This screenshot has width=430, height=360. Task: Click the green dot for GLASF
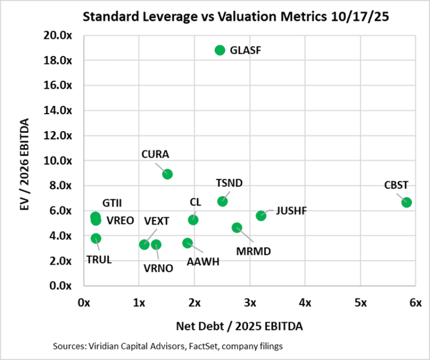[x=219, y=50]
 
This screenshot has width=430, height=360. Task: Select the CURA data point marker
[x=167, y=174]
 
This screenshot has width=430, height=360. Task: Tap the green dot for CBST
[x=406, y=202]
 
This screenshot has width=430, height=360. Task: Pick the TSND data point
[x=223, y=201]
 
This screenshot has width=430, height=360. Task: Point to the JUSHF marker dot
[x=261, y=215]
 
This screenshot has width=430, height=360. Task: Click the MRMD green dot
[x=237, y=228]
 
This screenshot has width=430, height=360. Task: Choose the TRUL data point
[x=96, y=238]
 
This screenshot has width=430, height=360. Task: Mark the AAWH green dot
[x=187, y=243]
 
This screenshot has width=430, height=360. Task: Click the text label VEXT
[x=156, y=221]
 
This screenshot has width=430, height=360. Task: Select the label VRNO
[x=159, y=269]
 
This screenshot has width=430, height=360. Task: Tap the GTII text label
[x=112, y=203]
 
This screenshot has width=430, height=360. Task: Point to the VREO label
[x=120, y=220]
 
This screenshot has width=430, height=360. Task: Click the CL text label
[x=195, y=202]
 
